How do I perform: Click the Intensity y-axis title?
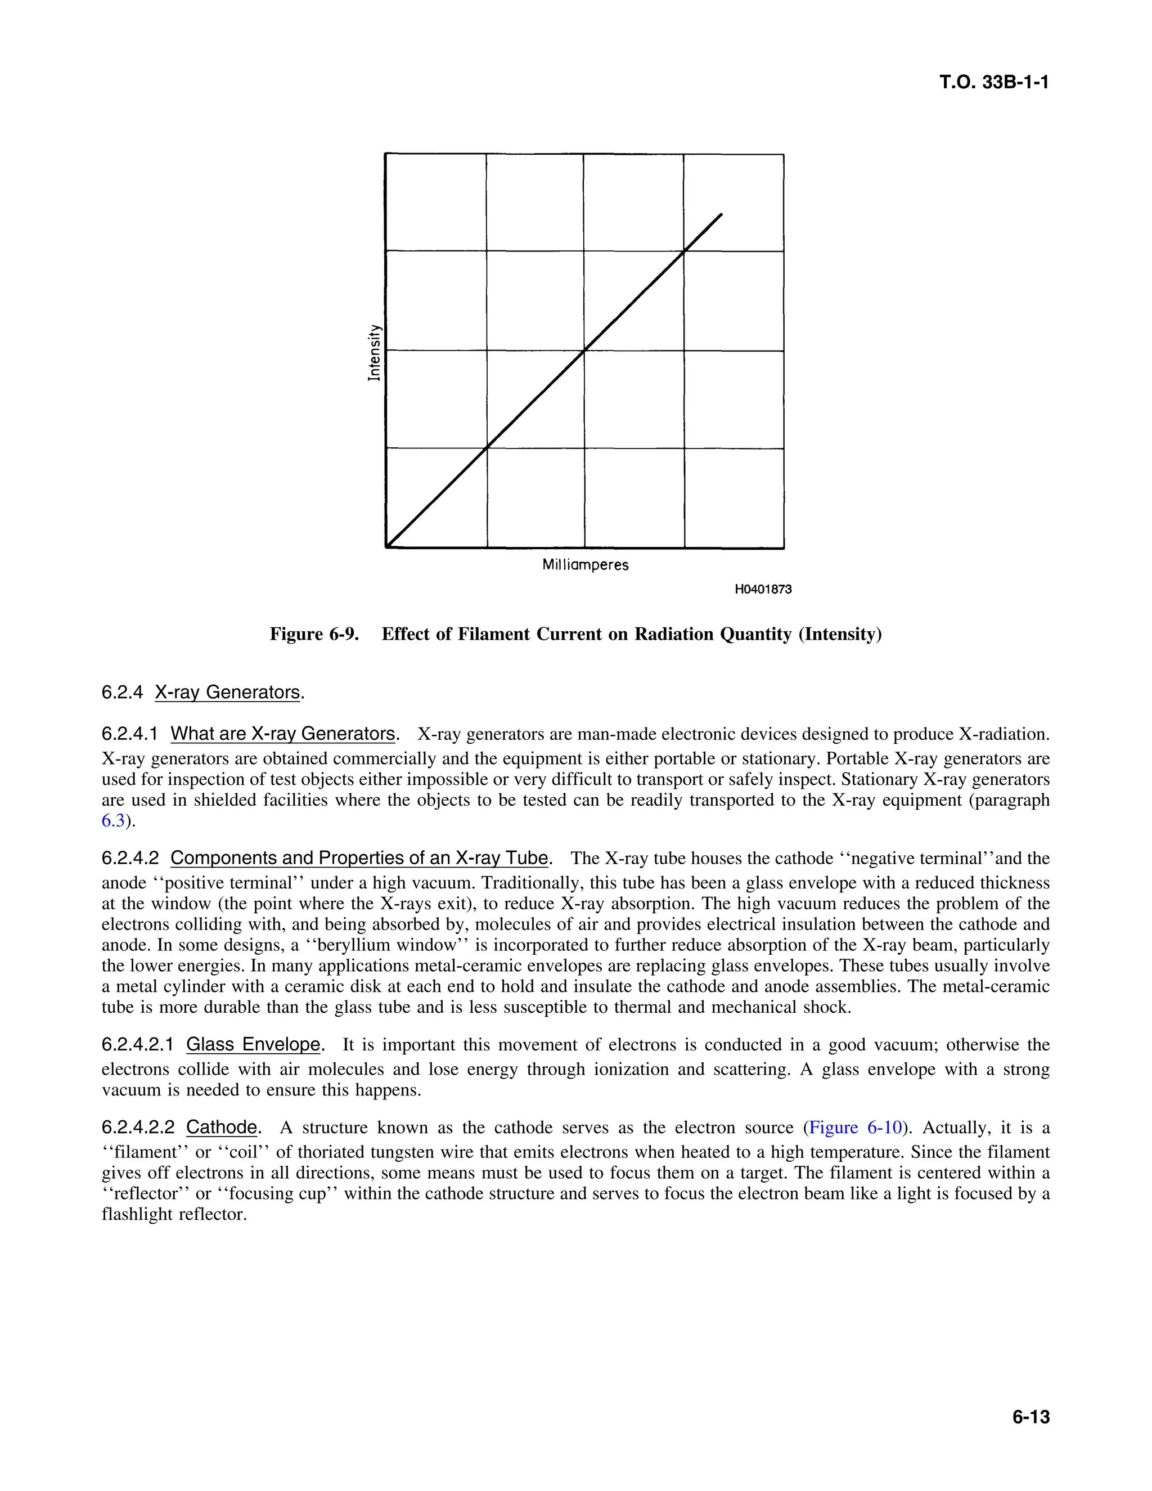tap(373, 352)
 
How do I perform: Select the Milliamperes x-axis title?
tap(585, 565)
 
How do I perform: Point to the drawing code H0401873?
tap(762, 589)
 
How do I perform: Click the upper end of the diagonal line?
tap(721, 215)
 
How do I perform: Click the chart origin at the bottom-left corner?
tap(387, 546)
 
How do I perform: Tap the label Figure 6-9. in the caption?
tap(314, 634)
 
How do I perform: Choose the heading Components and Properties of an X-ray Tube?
tap(359, 858)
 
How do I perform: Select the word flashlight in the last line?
tap(137, 1215)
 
